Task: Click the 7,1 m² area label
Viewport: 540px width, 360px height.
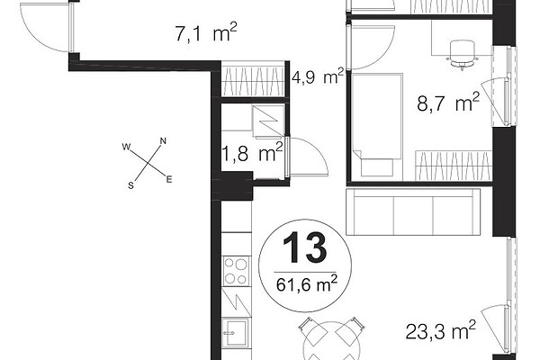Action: (x=206, y=33)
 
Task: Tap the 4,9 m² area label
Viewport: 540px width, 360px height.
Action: (x=318, y=76)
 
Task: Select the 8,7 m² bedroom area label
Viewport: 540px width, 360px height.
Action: (x=448, y=102)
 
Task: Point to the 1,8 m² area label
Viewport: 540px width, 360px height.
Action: (x=252, y=152)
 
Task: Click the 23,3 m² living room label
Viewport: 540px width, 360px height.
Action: (x=440, y=330)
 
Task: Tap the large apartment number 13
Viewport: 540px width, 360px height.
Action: (x=304, y=247)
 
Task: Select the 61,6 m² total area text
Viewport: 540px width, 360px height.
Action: (x=306, y=284)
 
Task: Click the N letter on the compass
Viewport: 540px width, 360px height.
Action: (x=163, y=140)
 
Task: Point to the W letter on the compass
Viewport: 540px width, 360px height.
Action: (x=126, y=147)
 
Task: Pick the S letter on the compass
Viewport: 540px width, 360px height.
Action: (x=130, y=185)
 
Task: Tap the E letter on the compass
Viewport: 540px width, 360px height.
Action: (x=169, y=179)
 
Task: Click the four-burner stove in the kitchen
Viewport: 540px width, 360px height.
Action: (x=236, y=271)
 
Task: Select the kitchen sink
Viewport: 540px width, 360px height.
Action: (x=236, y=332)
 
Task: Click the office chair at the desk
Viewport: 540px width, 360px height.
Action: (x=462, y=54)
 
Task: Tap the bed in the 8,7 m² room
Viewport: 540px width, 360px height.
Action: (x=377, y=125)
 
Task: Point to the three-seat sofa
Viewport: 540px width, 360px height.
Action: (x=413, y=211)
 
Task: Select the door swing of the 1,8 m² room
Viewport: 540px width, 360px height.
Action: (x=308, y=157)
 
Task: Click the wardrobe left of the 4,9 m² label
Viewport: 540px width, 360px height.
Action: (x=253, y=79)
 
